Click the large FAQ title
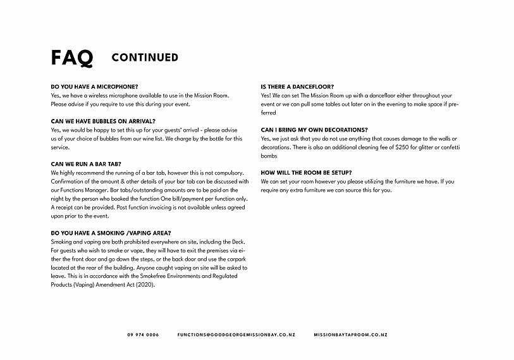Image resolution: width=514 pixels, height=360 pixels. (72, 58)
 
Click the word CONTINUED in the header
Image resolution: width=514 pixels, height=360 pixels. (145, 58)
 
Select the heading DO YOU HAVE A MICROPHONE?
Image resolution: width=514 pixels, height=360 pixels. (94, 87)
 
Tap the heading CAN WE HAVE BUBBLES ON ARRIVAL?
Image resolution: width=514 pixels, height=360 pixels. (103, 121)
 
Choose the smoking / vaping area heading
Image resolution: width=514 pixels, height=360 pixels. (110, 233)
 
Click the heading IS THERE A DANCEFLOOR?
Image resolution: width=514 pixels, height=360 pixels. (297, 87)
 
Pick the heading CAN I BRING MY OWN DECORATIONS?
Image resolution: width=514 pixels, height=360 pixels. (314, 130)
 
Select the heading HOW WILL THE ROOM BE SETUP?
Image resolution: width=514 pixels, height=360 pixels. (307, 173)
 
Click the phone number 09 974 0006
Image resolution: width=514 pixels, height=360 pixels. (143, 334)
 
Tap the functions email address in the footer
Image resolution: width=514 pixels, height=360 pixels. (236, 334)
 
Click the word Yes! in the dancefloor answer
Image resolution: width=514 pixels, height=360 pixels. (266, 96)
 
